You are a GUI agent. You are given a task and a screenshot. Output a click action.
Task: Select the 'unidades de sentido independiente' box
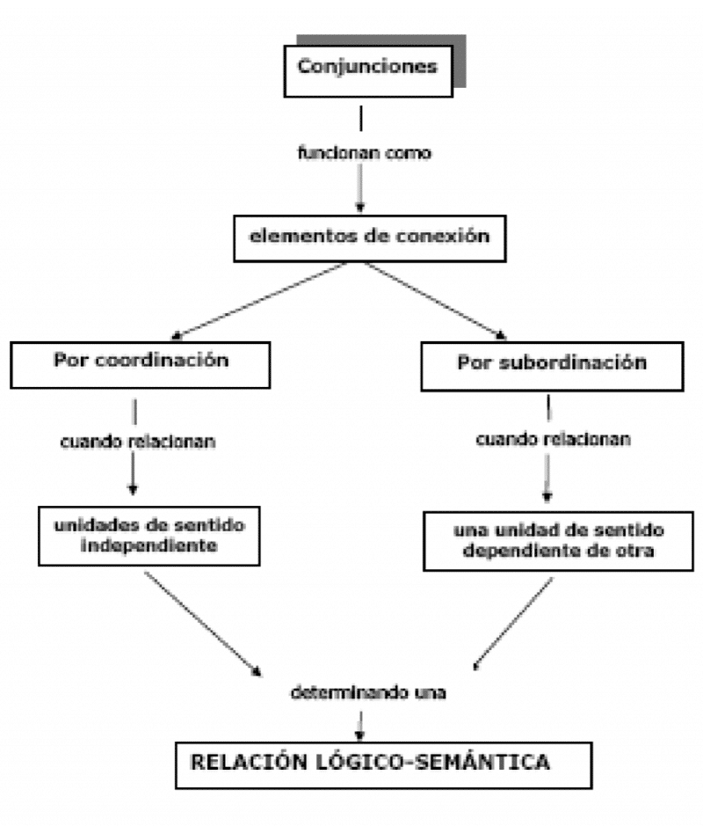point(148,535)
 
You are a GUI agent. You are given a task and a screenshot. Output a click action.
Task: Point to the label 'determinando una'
point(369,692)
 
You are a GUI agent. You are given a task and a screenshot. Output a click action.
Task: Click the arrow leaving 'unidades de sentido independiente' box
point(203,622)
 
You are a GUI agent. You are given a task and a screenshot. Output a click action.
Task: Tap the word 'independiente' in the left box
point(149,545)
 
